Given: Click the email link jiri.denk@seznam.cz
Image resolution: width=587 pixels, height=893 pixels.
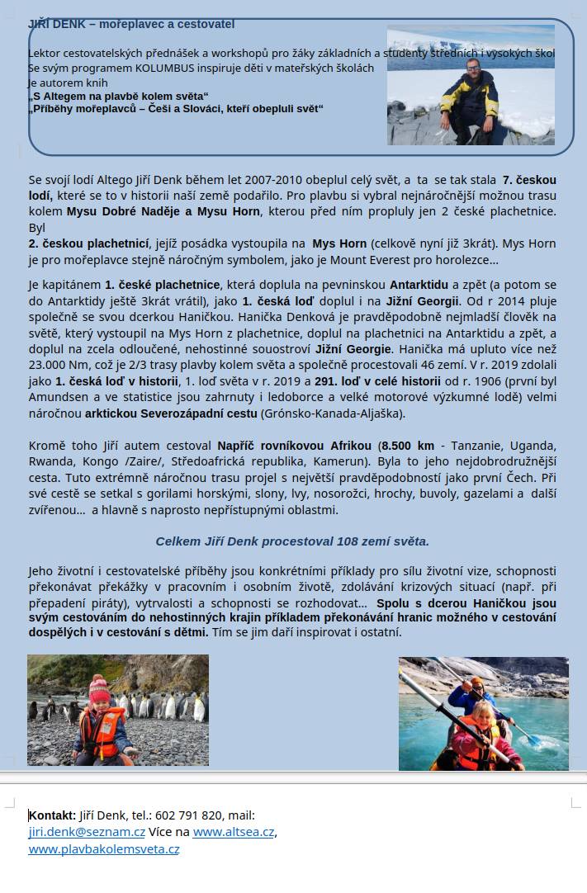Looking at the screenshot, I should pyautogui.click(x=87, y=832).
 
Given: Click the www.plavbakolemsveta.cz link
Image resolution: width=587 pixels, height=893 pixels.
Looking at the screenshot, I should pyautogui.click(x=103, y=848).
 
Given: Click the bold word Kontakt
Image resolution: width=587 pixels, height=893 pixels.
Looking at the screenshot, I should pyautogui.click(x=52, y=815).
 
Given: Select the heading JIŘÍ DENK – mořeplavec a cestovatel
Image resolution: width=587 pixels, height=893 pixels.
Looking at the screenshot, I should pyautogui.click(x=131, y=24).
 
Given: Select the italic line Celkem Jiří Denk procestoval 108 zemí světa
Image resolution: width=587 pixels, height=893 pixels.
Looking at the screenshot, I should pyautogui.click(x=292, y=541).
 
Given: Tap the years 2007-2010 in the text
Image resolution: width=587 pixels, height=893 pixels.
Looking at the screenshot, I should pyautogui.click(x=241, y=179).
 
